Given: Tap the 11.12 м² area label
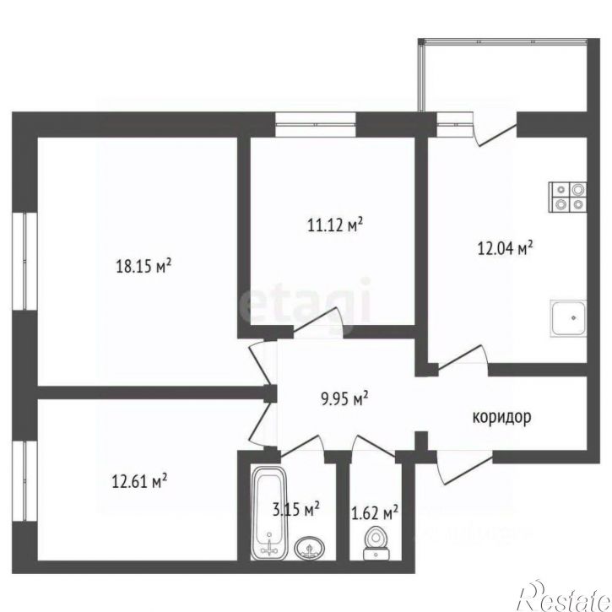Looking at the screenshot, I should (x=334, y=225).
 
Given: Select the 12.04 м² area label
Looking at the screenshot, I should (x=504, y=248).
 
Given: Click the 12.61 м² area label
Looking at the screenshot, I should (x=139, y=483).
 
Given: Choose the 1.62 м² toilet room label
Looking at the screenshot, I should (x=374, y=512).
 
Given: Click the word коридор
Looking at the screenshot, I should (x=501, y=417).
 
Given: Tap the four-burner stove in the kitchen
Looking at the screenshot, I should (x=566, y=196).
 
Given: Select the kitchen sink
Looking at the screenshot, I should (x=569, y=319).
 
